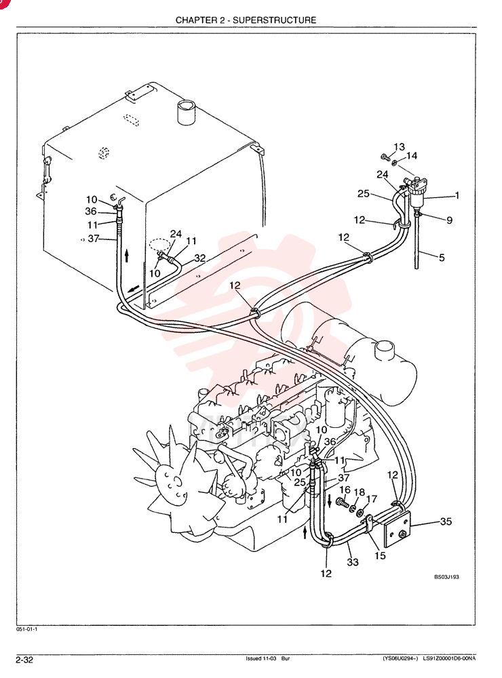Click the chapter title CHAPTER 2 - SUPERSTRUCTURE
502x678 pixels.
(x=246, y=20)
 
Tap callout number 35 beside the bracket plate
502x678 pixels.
(x=446, y=521)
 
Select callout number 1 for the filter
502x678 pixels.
(x=457, y=195)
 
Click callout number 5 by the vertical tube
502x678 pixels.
(x=442, y=258)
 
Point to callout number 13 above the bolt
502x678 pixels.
(x=399, y=147)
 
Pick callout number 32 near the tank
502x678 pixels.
(x=200, y=258)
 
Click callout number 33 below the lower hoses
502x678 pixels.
(x=353, y=562)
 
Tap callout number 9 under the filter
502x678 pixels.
(x=449, y=220)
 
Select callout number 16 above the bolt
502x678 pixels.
(x=345, y=490)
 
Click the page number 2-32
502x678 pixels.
(x=24, y=660)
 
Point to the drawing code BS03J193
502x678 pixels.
(x=446, y=577)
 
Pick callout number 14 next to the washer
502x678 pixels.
(x=412, y=156)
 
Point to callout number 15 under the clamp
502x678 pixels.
(x=379, y=555)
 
